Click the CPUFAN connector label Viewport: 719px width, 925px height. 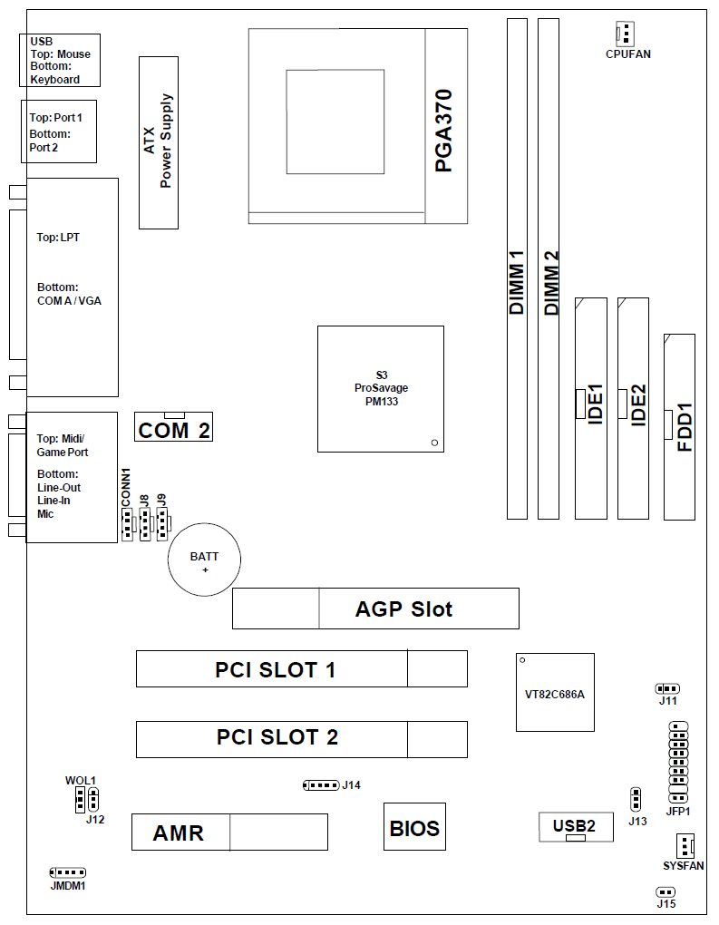click(627, 54)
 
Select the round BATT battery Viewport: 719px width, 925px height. click(205, 559)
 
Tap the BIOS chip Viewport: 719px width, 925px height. click(414, 827)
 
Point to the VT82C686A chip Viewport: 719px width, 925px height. click(555, 692)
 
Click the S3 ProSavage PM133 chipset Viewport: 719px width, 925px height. click(381, 388)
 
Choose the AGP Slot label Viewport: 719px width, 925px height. click(403, 609)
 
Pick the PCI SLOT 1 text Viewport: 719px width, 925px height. click(275, 670)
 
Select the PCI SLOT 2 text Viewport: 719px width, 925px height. click(277, 737)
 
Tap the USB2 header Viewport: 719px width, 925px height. click(574, 825)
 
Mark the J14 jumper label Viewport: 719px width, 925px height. click(352, 784)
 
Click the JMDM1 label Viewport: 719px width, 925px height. click(68, 886)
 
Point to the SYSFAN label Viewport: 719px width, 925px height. click(683, 866)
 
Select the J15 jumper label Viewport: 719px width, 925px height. click(666, 904)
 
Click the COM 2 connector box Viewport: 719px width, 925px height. click(174, 430)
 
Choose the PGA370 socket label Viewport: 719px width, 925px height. click(444, 130)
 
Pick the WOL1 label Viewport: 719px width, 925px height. click(80, 781)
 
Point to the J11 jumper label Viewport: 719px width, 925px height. click(667, 701)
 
